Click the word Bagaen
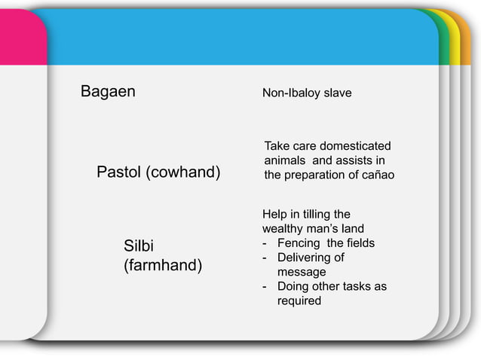click(108, 93)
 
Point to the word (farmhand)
click(162, 266)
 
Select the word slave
click(337, 93)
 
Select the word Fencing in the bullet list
click(299, 243)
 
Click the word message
click(302, 272)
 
